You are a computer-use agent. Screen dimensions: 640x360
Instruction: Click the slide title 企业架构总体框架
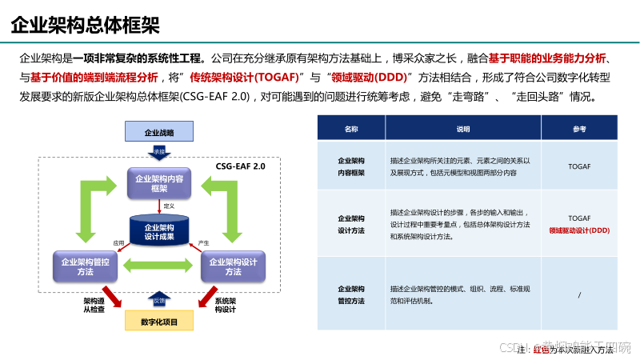85,24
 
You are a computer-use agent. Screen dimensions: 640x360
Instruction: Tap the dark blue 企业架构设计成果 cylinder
159,231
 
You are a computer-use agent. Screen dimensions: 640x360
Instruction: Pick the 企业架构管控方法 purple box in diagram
86,266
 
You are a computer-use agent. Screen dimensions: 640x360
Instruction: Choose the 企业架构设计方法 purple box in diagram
234,266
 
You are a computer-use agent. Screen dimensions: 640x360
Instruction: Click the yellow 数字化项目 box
159,322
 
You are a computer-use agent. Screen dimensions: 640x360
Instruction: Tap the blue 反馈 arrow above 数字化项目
159,300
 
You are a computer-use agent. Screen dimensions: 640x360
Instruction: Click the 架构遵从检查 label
94,306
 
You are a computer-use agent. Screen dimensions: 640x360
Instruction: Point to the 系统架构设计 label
225,306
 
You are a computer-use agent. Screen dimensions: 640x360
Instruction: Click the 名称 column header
351,128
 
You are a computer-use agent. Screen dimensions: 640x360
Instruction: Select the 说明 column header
464,128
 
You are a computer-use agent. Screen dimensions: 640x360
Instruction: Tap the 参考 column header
579,128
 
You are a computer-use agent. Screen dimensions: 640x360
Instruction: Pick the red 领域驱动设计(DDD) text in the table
579,230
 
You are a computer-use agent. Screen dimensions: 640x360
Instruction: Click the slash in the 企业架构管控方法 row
579,294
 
